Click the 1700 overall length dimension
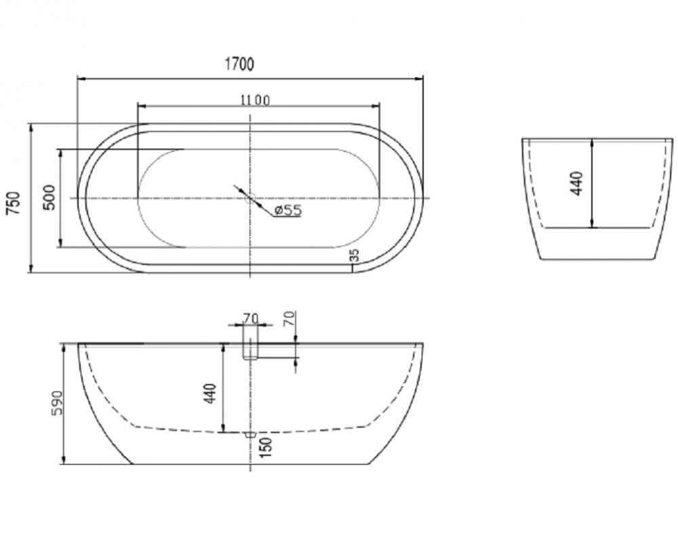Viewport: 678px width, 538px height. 239,64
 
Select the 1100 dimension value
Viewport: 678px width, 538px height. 255,100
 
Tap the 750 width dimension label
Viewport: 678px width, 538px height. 14,203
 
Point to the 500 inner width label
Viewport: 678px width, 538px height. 49,197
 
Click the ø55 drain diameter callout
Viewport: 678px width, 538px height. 288,210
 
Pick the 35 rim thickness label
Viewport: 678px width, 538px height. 355,255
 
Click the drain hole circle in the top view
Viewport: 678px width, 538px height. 250,198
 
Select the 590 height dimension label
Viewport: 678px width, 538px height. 57,403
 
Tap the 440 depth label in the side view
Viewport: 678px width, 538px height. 210,393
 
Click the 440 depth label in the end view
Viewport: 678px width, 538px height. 577,184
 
